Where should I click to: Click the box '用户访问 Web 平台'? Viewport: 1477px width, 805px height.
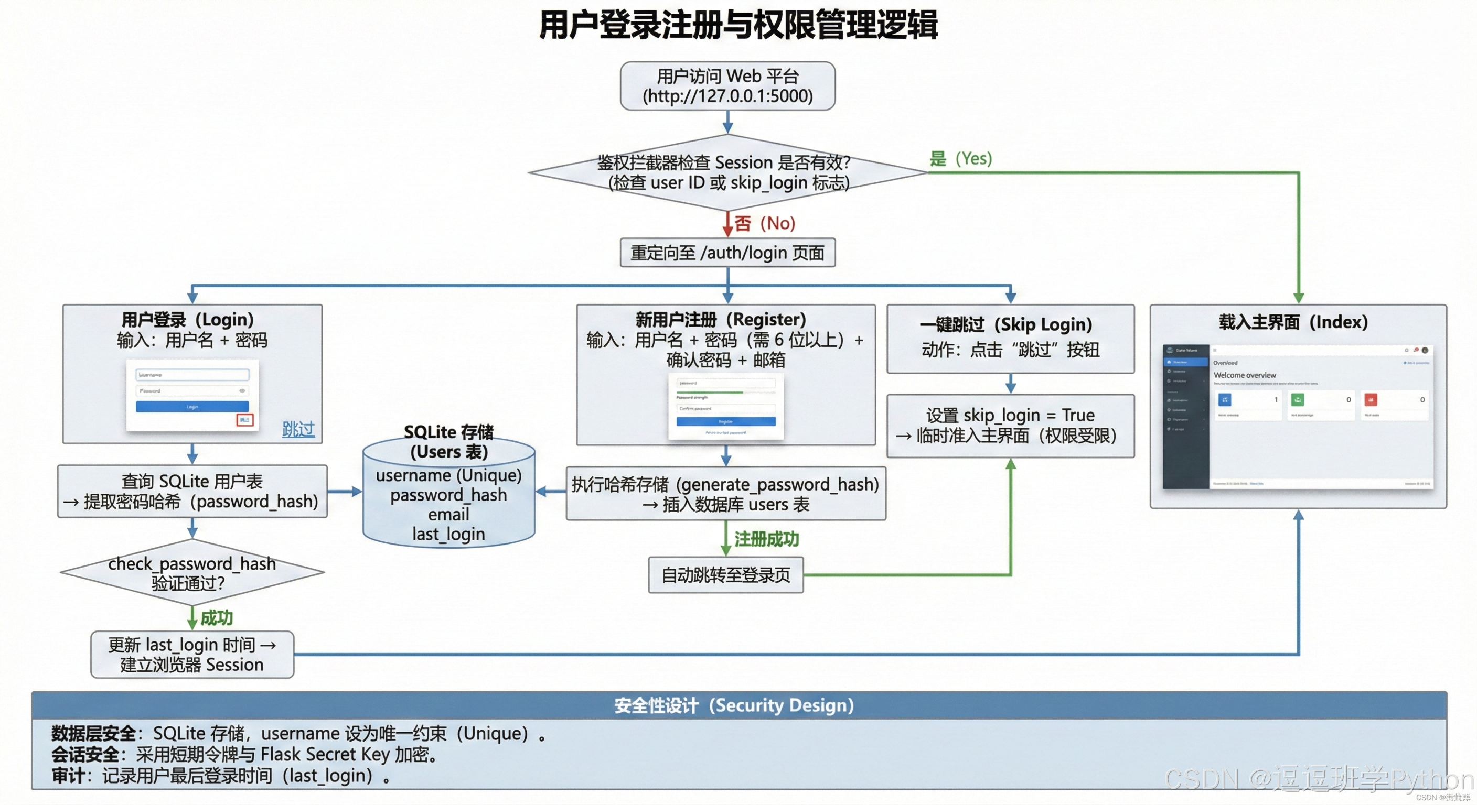(727, 86)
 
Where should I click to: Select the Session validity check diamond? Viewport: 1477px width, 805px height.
(727, 172)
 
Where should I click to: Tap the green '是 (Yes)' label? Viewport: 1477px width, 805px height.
(960, 159)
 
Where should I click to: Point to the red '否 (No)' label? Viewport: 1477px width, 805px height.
(765, 223)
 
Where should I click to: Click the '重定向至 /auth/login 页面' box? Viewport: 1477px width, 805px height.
(727, 253)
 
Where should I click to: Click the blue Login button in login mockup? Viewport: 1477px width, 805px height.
(192, 406)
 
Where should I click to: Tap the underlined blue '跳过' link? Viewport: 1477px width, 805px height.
(298, 429)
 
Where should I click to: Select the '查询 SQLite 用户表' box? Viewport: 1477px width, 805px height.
(192, 491)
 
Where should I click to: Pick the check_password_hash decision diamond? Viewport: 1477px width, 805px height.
(192, 573)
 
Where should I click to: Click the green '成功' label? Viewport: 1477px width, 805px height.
(216, 618)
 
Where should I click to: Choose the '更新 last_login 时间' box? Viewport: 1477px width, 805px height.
(192, 654)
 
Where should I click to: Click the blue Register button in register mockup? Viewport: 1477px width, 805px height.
(725, 421)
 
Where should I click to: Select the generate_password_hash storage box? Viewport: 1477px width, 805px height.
(725, 494)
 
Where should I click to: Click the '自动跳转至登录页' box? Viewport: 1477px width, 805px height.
(725, 575)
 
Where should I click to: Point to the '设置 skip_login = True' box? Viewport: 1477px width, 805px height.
(1010, 425)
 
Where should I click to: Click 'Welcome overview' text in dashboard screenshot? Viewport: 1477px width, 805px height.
(1244, 375)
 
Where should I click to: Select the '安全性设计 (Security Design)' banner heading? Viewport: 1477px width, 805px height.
(734, 705)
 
